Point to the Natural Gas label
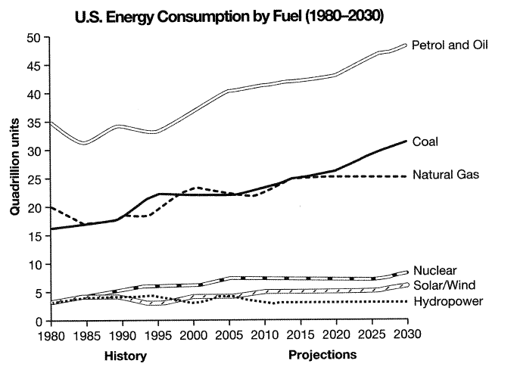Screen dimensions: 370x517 (x=447, y=174)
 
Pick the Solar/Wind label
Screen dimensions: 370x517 (x=446, y=285)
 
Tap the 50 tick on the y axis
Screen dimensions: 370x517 (x=34, y=38)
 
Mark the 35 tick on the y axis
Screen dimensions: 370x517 (x=34, y=123)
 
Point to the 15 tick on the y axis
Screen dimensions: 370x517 (x=34, y=236)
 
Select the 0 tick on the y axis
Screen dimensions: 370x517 (x=37, y=321)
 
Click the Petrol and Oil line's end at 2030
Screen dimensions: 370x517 (x=407, y=45)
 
